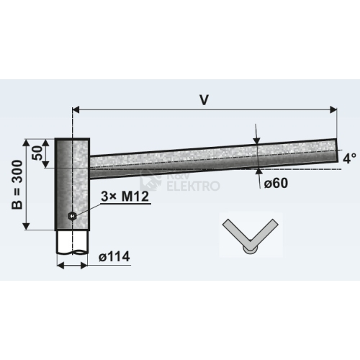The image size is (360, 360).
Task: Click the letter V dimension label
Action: (x=204, y=100)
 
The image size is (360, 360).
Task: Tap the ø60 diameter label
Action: (x=276, y=184)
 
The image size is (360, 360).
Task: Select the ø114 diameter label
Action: (x=114, y=256)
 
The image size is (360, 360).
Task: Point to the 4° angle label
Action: (x=349, y=158)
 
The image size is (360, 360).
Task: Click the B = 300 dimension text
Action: (x=17, y=185)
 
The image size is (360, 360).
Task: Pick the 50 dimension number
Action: (x=37, y=153)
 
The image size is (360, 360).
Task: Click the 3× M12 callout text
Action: (x=125, y=197)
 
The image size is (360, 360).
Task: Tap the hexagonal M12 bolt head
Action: (x=72, y=216)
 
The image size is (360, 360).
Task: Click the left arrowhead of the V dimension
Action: (x=76, y=109)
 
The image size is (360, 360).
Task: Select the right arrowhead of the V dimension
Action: (x=333, y=109)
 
